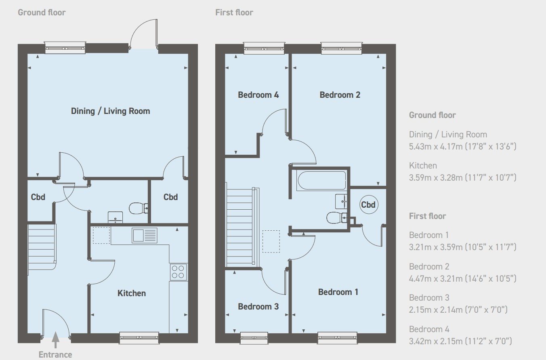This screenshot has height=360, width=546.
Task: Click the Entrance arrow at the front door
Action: coord(56,339)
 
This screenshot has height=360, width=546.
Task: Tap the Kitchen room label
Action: coord(132,293)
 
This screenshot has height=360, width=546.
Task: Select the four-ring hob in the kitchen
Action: coord(178,272)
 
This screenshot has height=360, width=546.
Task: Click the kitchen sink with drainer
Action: coord(144,235)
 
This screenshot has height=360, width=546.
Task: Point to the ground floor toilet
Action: coord(138,208)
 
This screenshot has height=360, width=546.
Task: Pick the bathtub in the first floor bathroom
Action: coord(322,181)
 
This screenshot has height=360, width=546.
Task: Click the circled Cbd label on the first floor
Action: coord(369,204)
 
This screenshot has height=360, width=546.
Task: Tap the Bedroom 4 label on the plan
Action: coord(258,95)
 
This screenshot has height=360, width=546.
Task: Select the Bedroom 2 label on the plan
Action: coord(340,95)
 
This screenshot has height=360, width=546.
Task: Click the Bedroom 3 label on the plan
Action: coord(258,307)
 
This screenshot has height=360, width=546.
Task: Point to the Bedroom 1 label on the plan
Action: coord(338,292)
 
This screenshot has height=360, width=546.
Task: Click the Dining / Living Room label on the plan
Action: coord(110,111)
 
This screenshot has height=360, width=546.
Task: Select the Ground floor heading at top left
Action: coord(42,13)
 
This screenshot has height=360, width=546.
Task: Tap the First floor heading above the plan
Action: coord(234,13)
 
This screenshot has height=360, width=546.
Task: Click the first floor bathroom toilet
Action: coord(337,217)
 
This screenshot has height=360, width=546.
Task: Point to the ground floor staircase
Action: coord(42,247)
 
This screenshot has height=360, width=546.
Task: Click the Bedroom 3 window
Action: coord(254,338)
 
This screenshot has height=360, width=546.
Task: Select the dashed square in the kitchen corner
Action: coord(101,236)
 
